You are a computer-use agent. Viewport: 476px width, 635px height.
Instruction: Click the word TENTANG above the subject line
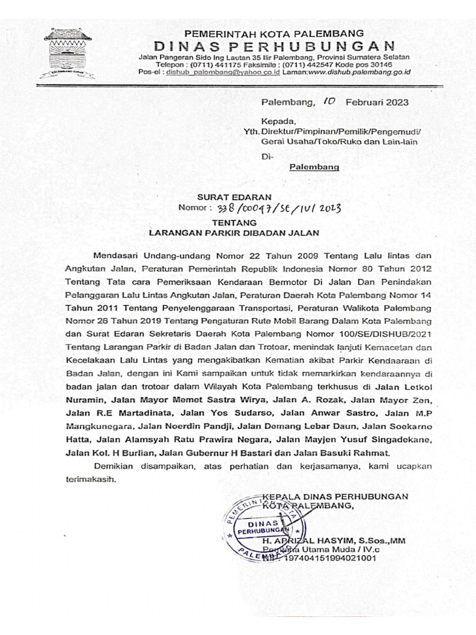232,221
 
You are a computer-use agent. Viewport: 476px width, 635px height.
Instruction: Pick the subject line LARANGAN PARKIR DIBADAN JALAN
234,234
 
